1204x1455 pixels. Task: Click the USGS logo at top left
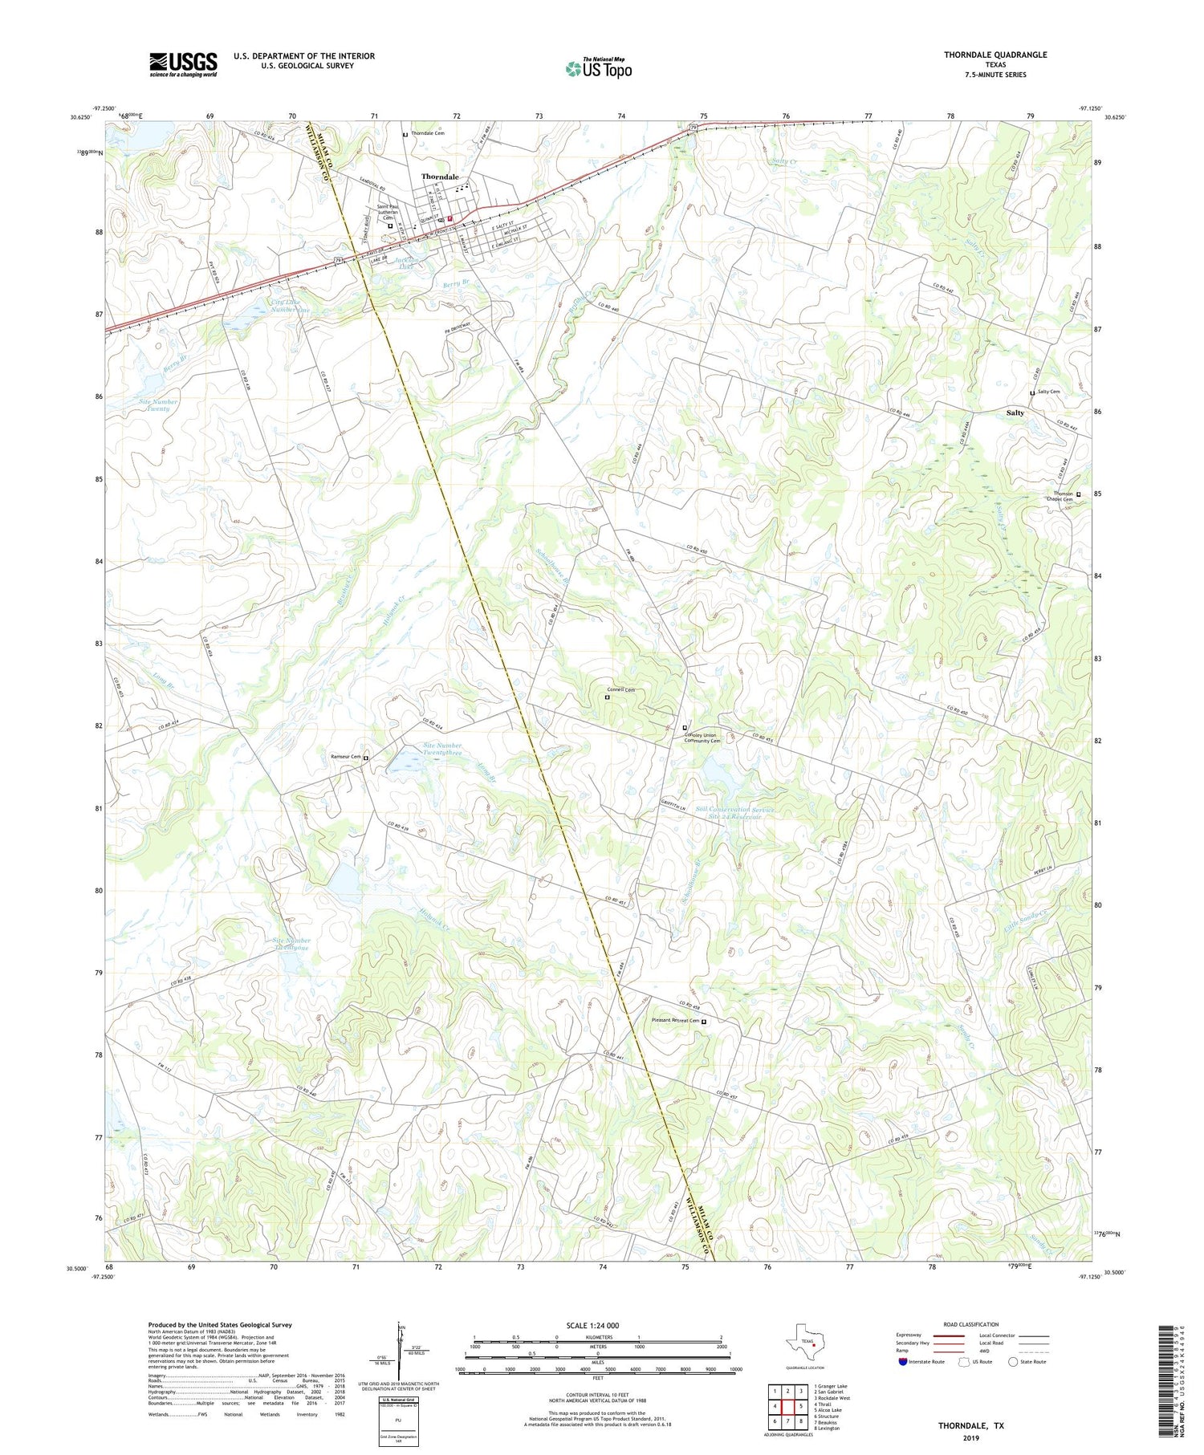[x=183, y=64]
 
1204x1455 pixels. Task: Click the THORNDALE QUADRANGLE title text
[x=995, y=55]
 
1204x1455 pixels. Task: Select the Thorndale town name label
[x=441, y=177]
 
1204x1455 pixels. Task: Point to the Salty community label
[x=1015, y=413]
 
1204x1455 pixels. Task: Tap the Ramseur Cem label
[x=345, y=756]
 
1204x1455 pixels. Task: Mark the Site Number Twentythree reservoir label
[x=442, y=750]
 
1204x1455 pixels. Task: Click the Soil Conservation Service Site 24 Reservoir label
[x=734, y=813]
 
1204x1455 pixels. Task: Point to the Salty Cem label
[x=1048, y=392]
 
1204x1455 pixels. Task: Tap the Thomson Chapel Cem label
[x=1059, y=496]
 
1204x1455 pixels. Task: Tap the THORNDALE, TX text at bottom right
[x=970, y=1425]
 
